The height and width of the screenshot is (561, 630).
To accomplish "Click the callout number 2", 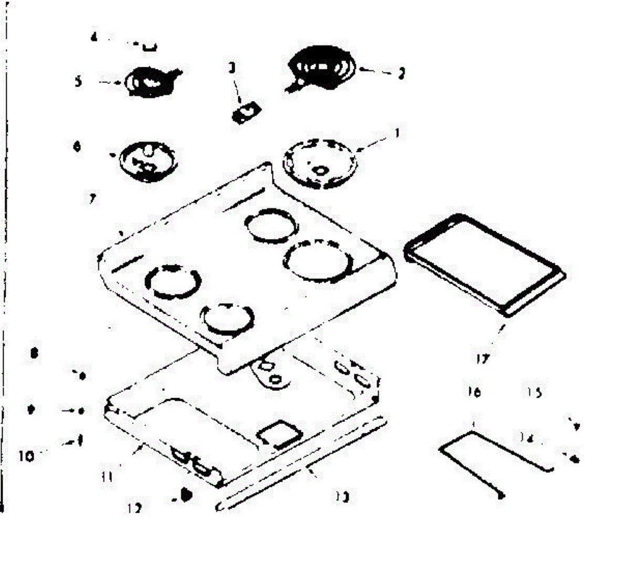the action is pos(402,73).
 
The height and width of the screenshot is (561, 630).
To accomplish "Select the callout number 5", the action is pos(78,82).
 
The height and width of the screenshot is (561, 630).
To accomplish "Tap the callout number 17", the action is pos(482,359).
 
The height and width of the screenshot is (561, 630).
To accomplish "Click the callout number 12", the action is pos(135,508).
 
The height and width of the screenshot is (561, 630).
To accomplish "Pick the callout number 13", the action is pos(344,496).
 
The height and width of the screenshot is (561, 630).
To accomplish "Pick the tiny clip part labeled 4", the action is pos(150,47).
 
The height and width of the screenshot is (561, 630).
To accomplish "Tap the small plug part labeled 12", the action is pos(185,495).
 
